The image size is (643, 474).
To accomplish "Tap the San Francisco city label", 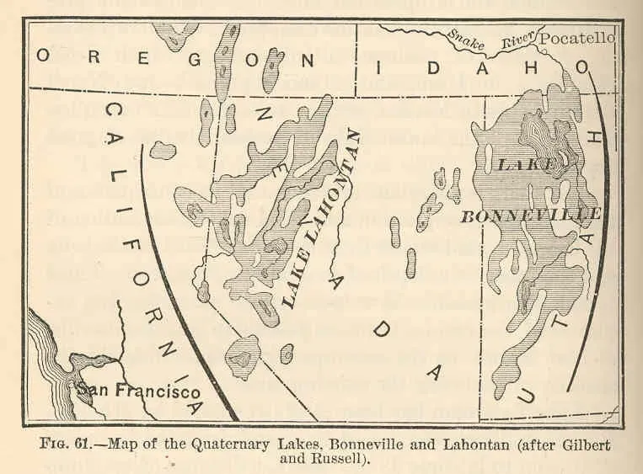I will (x=137, y=391).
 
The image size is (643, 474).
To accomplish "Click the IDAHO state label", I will (x=485, y=66).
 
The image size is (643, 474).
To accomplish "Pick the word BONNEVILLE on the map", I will (x=530, y=215).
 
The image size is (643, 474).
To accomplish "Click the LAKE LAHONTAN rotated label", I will (x=319, y=221).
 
